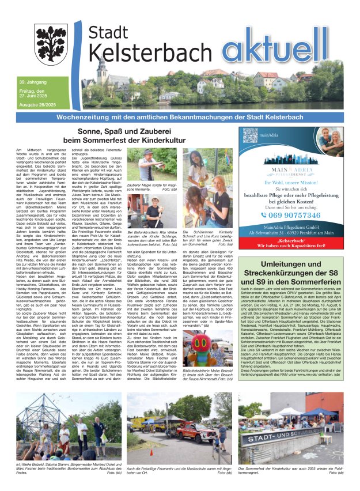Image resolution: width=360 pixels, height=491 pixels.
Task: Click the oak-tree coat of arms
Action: coord(51,44)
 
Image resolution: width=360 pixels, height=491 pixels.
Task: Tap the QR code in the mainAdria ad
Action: coord(249,136)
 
